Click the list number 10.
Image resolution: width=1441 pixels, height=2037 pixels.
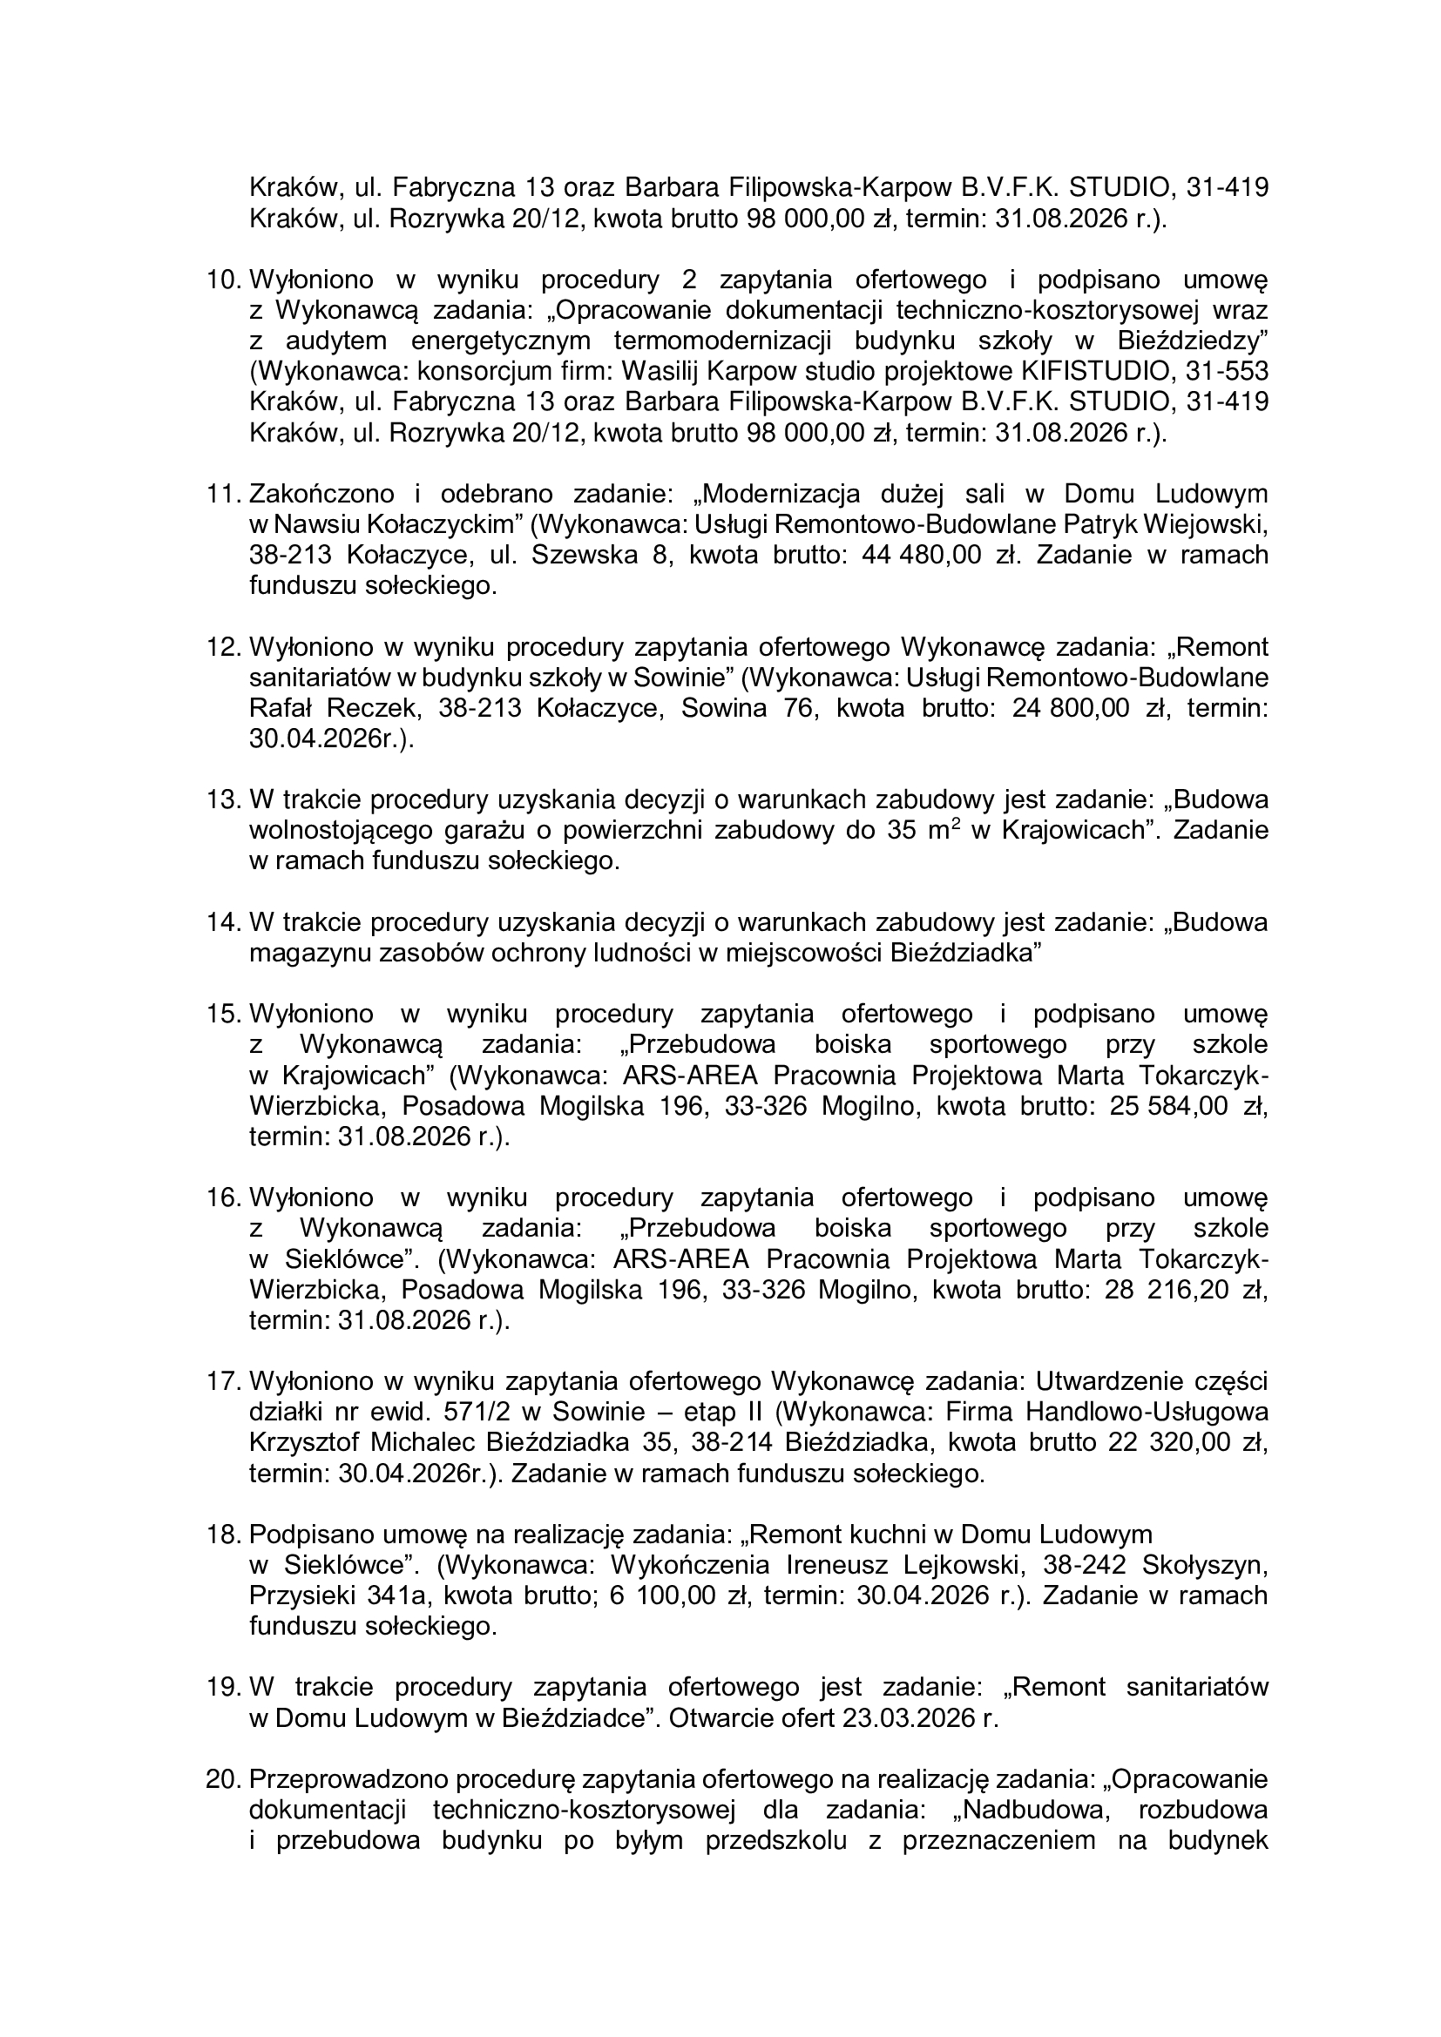[224, 280]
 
